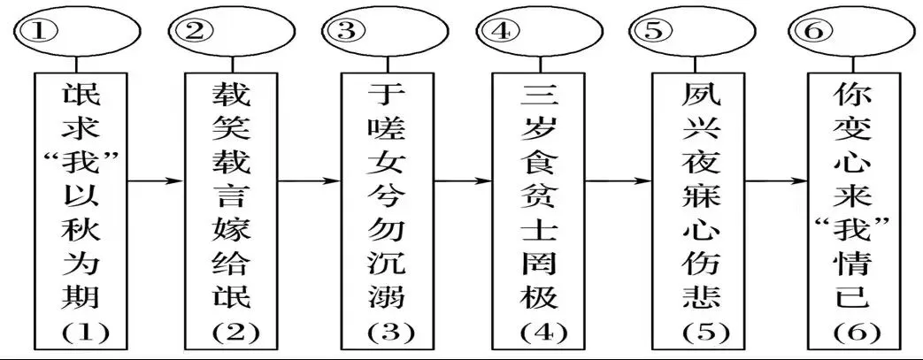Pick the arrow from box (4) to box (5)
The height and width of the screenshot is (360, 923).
click(617, 182)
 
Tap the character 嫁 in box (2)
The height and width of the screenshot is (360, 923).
click(233, 231)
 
